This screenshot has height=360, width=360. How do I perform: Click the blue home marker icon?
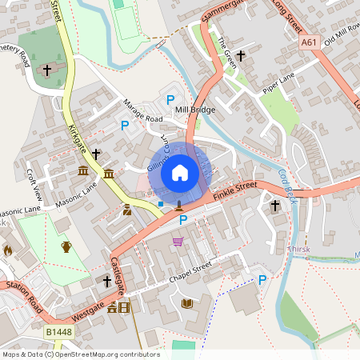[x=179, y=172]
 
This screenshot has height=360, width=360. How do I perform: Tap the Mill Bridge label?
[x=194, y=110]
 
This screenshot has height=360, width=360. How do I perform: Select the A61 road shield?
[x=310, y=42]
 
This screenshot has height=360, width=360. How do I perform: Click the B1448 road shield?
[x=58, y=332]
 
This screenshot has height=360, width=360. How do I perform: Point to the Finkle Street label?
[x=235, y=190]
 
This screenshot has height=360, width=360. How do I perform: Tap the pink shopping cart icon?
[x=178, y=242]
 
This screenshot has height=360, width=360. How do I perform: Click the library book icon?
[x=187, y=303]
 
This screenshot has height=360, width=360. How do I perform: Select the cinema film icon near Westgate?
[x=124, y=306]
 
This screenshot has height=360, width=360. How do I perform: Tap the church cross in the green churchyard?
[x=46, y=70]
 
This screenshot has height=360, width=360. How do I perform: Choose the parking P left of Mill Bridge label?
[x=169, y=99]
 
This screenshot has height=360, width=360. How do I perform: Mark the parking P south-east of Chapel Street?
[x=262, y=279]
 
